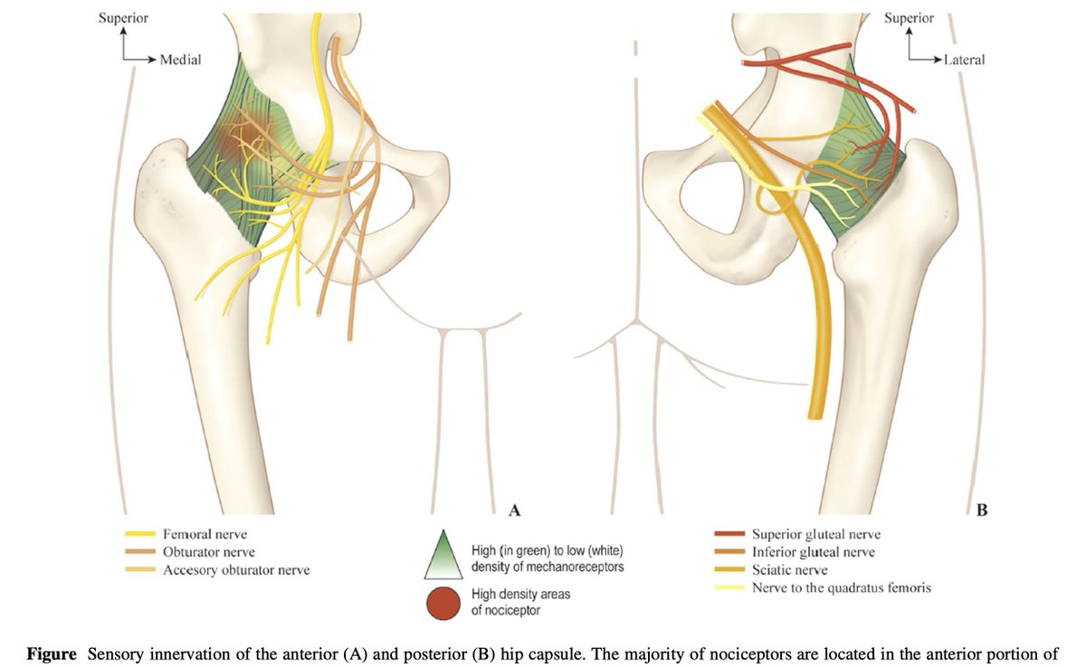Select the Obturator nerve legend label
coord(208,552)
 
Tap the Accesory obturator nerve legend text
coord(236,570)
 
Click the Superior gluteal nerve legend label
coord(815,534)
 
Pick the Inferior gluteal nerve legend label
coord(813,552)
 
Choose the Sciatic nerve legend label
coord(789,570)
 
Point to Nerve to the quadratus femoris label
coord(841,587)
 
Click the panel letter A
coord(515,510)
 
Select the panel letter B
coord(982,510)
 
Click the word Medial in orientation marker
coord(180,60)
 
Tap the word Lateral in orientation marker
coord(964,60)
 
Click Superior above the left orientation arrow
coord(123,18)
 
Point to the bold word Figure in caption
coord(52,653)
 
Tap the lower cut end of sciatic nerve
coord(817,414)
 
